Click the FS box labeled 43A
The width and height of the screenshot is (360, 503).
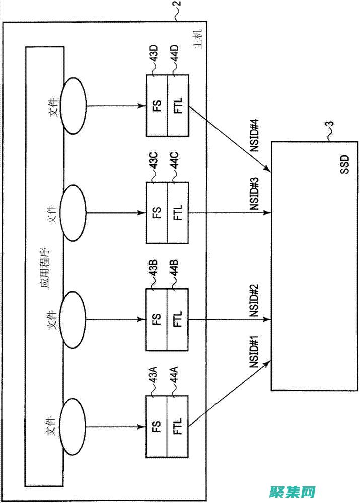click(156, 427)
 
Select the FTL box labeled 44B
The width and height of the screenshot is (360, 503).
click(178, 319)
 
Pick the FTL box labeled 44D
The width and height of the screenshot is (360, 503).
click(178, 105)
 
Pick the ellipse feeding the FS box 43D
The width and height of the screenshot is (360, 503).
click(73, 105)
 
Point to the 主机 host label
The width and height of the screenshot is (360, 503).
click(199, 40)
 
